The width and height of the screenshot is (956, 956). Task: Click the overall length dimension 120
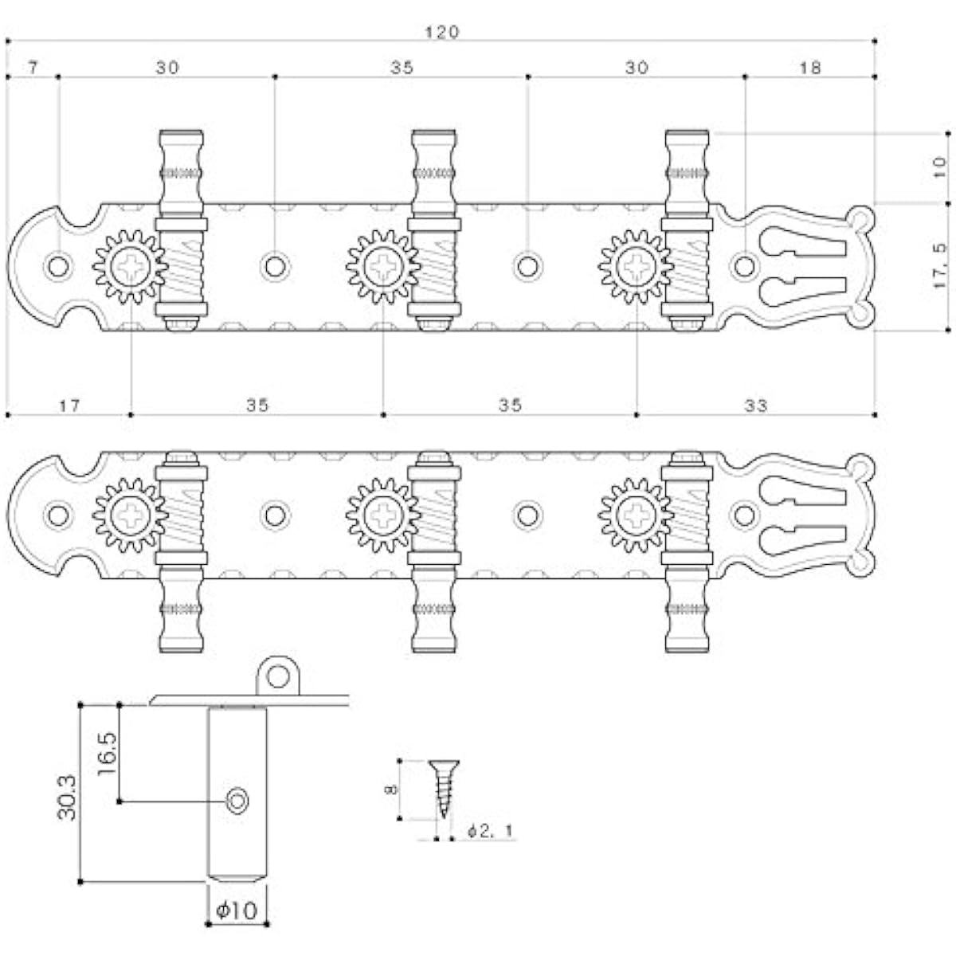tap(442, 32)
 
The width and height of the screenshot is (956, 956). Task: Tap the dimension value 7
tap(33, 67)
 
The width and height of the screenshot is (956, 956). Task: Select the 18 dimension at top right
tap(809, 68)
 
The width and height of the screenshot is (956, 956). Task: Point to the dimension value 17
tap(69, 406)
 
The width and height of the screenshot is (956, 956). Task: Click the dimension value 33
tap(755, 406)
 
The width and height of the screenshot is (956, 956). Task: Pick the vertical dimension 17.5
tap(939, 266)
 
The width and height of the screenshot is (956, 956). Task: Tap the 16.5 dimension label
tap(107, 754)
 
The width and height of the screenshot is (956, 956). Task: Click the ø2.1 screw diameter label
tap(491, 830)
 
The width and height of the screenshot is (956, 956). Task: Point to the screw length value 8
tap(391, 789)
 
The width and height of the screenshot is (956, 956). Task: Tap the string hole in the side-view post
tap(237, 801)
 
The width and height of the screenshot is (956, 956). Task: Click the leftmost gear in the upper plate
tap(130, 267)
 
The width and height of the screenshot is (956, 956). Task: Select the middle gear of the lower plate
tap(383, 515)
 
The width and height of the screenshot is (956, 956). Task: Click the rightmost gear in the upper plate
tap(636, 267)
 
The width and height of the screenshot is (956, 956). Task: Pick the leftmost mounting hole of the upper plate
tap(58, 267)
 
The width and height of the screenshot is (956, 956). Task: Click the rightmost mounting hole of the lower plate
tap(744, 515)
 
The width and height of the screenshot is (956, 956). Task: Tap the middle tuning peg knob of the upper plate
tap(434, 167)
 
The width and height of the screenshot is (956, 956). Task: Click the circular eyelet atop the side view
tap(278, 676)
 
